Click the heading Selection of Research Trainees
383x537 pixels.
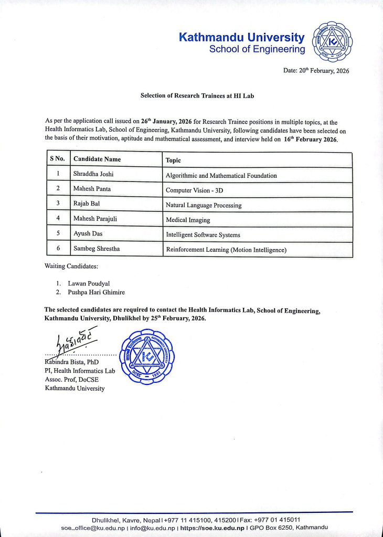197,95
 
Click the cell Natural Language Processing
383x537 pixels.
204,205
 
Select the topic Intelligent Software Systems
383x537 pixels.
203,235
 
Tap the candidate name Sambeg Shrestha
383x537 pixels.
97,249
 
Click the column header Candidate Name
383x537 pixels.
97,159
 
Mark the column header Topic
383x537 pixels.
173,160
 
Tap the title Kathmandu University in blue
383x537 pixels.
241,37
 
